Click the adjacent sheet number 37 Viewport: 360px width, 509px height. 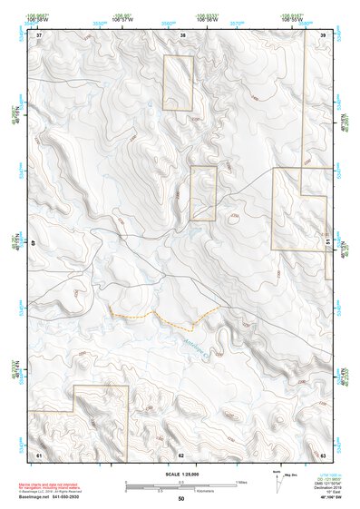click(x=39, y=34)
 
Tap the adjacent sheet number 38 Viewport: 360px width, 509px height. click(x=182, y=34)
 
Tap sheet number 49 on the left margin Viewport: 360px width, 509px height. click(x=34, y=243)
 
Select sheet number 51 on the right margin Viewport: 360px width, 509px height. click(x=327, y=243)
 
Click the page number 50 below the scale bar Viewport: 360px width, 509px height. click(x=181, y=499)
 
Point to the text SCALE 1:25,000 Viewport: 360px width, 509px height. click(x=180, y=474)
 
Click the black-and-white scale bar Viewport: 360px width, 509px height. click(x=180, y=484)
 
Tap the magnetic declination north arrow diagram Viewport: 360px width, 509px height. click(x=277, y=478)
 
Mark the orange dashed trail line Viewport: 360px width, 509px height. click(x=163, y=318)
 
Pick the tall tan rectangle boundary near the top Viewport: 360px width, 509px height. click(x=178, y=83)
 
